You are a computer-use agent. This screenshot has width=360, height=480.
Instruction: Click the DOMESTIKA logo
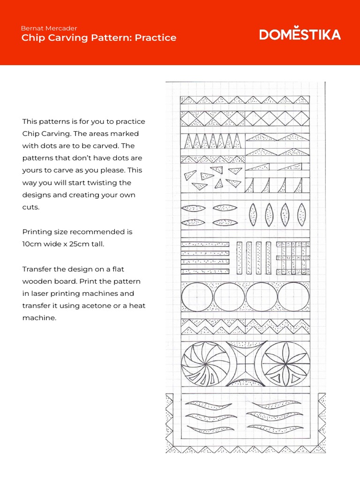click(x=300, y=35)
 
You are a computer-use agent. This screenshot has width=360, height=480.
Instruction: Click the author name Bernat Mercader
click(x=49, y=28)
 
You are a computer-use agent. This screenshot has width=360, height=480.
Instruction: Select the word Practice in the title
click(x=156, y=38)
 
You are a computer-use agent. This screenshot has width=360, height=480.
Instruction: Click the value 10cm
click(x=32, y=244)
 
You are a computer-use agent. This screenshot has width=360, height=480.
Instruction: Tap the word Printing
click(x=37, y=232)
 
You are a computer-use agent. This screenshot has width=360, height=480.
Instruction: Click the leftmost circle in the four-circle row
click(x=197, y=297)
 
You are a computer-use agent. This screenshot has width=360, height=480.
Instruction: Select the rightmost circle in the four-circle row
click(x=293, y=297)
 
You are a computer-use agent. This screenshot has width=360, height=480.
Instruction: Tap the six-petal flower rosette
click(x=286, y=364)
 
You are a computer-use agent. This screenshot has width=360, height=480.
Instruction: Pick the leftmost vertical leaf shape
click(x=253, y=215)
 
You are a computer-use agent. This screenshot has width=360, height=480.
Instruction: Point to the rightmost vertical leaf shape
click(x=301, y=215)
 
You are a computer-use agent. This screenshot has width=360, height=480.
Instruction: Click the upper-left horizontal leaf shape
click(x=193, y=208)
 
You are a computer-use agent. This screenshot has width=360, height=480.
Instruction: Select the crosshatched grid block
click(x=293, y=258)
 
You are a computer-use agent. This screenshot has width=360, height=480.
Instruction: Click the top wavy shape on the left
click(x=210, y=405)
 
